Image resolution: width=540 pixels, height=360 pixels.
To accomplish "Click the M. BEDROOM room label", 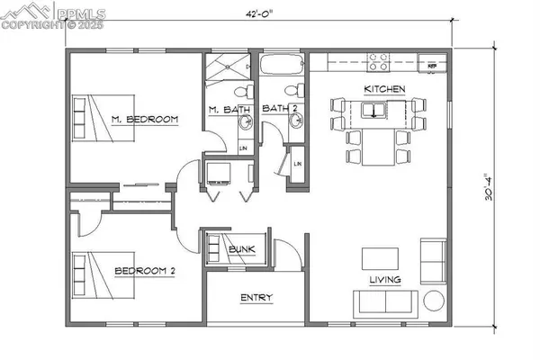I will [x=145, y=119].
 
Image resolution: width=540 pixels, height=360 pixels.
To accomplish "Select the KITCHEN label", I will [x=385, y=89].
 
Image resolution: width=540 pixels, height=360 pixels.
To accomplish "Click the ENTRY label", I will [x=256, y=298].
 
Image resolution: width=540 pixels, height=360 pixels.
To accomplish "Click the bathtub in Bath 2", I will [x=283, y=66].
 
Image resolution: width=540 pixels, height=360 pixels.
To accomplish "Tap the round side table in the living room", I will [x=434, y=300].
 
